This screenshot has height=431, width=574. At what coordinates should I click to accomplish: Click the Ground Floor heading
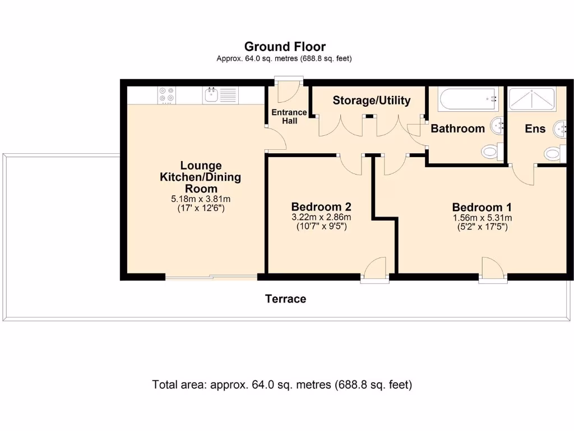coord(285,47)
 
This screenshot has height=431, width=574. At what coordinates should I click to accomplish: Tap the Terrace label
coord(285,299)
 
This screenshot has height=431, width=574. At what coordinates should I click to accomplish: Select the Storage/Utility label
coord(372,100)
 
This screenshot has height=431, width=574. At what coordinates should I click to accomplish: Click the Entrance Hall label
coord(289,117)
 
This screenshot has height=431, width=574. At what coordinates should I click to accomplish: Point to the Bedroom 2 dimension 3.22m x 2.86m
coord(321,217)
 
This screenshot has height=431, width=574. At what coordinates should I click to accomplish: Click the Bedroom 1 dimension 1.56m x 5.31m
coord(482,218)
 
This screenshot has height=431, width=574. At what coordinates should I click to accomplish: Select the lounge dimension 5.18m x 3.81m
coord(201,199)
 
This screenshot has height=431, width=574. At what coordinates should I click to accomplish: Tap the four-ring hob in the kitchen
coord(166,95)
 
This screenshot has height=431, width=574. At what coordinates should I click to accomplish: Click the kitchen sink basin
coord(211,95)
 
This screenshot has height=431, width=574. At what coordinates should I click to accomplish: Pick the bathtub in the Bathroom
coord(468,99)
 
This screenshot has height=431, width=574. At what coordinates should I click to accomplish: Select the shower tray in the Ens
coord(533,98)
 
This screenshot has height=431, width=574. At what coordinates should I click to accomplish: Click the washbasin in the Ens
coord(561,129)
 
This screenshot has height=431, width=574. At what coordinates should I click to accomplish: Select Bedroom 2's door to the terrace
coord(375,269)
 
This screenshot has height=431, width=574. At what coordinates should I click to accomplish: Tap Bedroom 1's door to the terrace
coord(493,270)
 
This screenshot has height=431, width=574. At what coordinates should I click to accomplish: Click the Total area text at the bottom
coord(282,385)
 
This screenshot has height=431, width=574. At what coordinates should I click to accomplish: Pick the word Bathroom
coord(457,129)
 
